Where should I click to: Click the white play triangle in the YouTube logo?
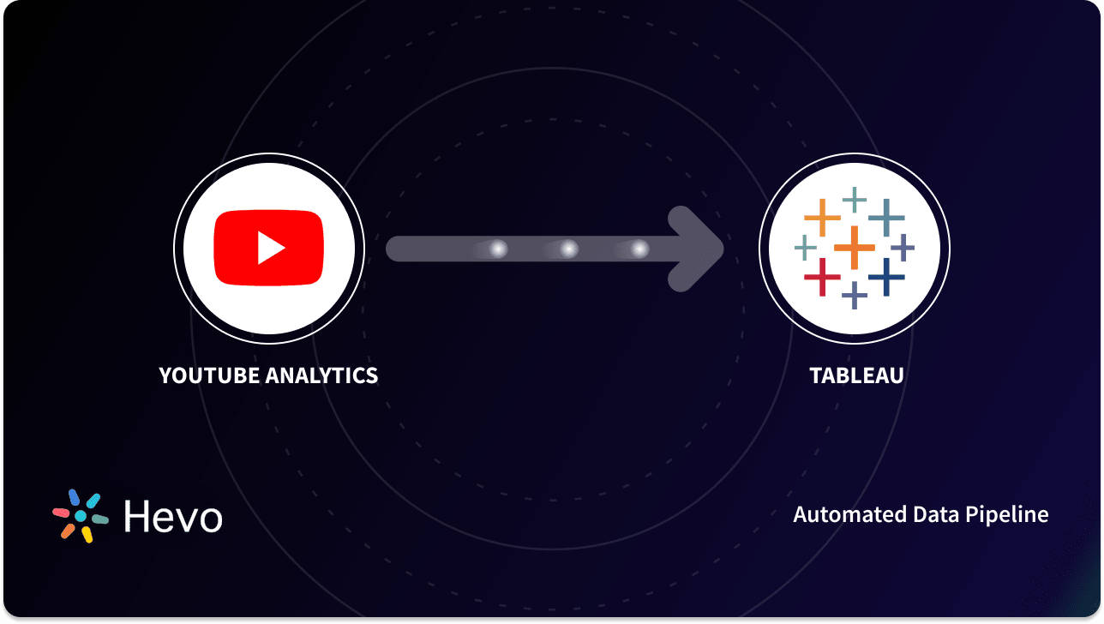271,249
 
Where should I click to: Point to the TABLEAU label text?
856,375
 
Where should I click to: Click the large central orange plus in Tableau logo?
854,247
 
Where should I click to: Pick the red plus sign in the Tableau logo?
823,276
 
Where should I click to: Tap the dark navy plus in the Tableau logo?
886,276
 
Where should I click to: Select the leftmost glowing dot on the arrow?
498,249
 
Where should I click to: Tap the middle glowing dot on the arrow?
569,249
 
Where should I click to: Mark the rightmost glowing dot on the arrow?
639,249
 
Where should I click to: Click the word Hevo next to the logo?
173,517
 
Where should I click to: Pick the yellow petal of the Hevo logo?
87,535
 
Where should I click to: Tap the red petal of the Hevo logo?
61,513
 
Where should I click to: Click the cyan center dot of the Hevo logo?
80,516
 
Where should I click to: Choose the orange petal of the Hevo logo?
68,531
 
